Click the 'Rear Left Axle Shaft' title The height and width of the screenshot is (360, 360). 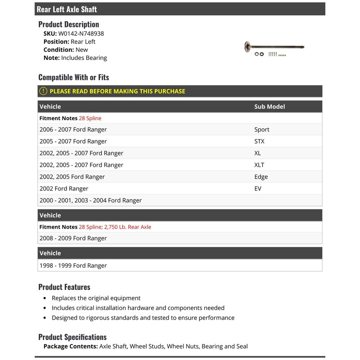pyautogui.click(x=67, y=9)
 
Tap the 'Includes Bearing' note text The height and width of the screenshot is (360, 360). pyautogui.click(x=84, y=58)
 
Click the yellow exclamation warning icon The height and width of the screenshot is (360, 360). pyautogui.click(x=43, y=91)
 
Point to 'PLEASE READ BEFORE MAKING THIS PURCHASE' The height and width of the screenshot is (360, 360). pyautogui.click(x=117, y=91)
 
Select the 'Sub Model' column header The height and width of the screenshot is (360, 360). pyautogui.click(x=270, y=107)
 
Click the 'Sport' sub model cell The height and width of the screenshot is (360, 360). pyautogui.click(x=262, y=130)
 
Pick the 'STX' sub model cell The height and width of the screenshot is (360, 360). pyautogui.click(x=260, y=141)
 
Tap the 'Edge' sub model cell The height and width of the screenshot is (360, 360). pyautogui.click(x=261, y=177)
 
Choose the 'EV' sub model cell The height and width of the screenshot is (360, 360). pyautogui.click(x=258, y=189)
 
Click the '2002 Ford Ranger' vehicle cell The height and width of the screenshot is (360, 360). pyautogui.click(x=64, y=189)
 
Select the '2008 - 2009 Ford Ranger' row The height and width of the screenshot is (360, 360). pyautogui.click(x=73, y=238)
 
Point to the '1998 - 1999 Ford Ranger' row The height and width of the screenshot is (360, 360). pyautogui.click(x=73, y=265)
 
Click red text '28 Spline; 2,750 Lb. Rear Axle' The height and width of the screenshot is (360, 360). pyautogui.click(x=115, y=227)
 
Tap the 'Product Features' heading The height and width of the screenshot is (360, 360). pyautogui.click(x=64, y=287)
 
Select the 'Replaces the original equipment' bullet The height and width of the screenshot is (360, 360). pyautogui.click(x=96, y=298)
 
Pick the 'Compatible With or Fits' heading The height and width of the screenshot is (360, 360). pyautogui.click(x=74, y=77)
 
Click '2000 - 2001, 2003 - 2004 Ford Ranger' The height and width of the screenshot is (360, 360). pyautogui.click(x=90, y=200)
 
